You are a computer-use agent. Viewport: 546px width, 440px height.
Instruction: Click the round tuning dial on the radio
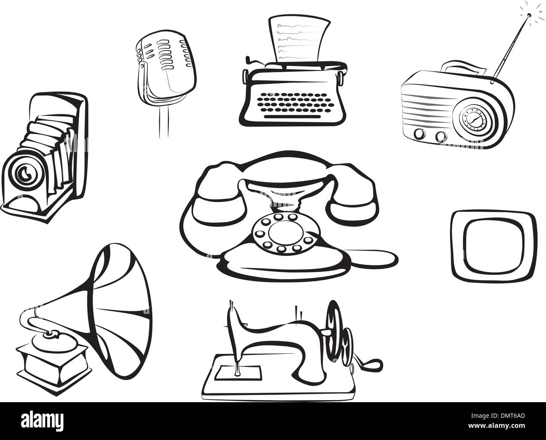[473, 121]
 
